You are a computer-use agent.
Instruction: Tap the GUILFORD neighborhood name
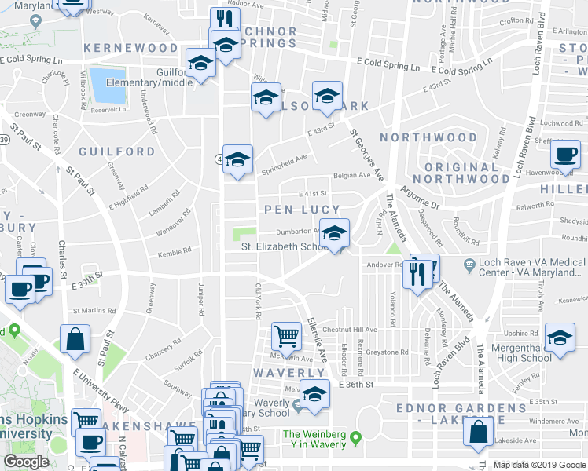[x=116, y=151]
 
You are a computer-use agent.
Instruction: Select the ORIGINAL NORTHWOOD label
[x=466, y=173]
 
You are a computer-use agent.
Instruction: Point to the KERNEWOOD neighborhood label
[x=131, y=48]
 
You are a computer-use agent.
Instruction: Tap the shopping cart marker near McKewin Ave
[x=287, y=336]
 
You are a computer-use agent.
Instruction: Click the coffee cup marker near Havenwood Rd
[x=565, y=154]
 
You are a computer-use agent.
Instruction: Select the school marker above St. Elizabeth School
[x=334, y=234]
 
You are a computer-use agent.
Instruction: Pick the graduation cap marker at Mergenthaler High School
[x=560, y=340]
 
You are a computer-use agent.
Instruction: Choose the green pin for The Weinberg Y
[x=355, y=436]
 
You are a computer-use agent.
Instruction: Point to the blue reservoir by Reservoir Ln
[x=103, y=84]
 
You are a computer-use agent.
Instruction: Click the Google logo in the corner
[x=27, y=462]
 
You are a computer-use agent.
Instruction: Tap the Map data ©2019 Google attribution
[x=539, y=465]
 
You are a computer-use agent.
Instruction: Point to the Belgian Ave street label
[x=351, y=176]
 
